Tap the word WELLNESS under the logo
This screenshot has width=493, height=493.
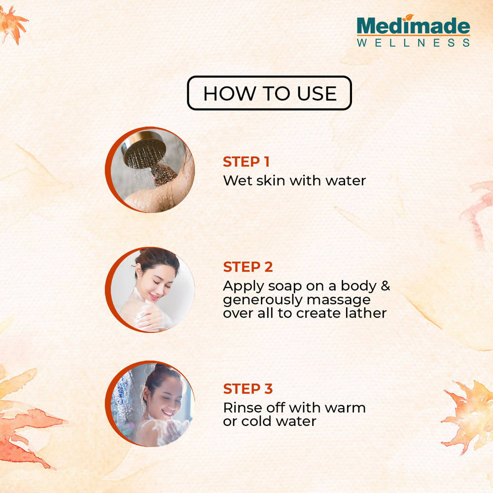(x=414, y=43)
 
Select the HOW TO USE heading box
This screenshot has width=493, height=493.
(x=270, y=93)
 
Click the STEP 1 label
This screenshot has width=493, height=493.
(x=246, y=162)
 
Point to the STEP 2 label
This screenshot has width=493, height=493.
(x=248, y=267)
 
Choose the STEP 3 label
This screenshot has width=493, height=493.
(x=248, y=389)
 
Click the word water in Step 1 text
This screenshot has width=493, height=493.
(x=346, y=181)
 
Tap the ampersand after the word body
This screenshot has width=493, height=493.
(x=386, y=285)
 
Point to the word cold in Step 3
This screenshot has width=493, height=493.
(x=255, y=422)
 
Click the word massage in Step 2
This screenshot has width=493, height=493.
(x=339, y=300)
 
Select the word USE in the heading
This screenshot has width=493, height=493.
(x=317, y=93)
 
